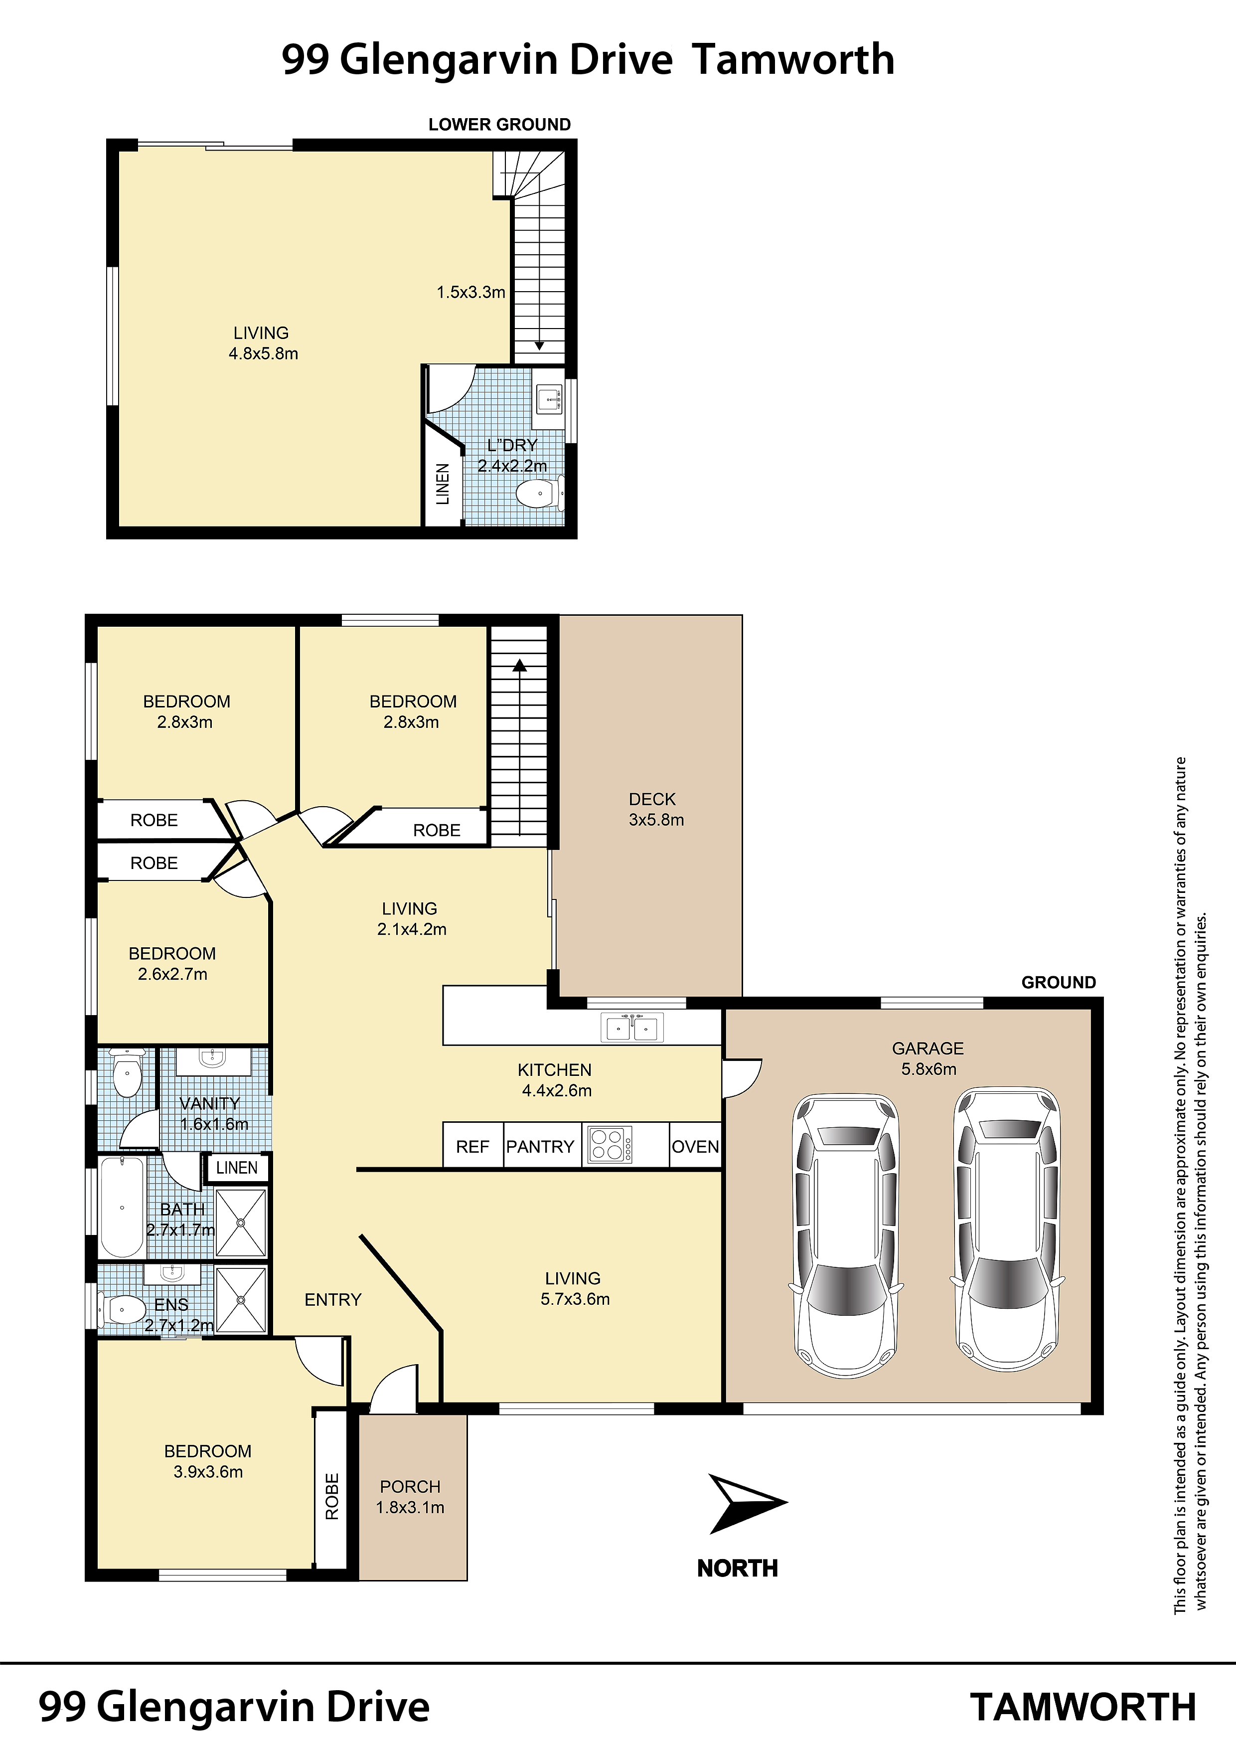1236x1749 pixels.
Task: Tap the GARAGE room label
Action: (927, 1048)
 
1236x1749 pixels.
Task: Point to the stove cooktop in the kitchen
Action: (611, 1144)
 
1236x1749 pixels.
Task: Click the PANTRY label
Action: (540, 1146)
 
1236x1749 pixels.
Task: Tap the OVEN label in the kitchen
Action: (695, 1146)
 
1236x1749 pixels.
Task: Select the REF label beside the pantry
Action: (472, 1146)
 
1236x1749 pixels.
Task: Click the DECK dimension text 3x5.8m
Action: (656, 820)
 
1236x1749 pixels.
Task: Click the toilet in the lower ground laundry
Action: (540, 494)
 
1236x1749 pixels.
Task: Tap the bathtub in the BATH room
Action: (122, 1208)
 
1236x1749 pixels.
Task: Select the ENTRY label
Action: (333, 1300)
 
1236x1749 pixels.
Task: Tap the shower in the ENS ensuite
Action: (241, 1300)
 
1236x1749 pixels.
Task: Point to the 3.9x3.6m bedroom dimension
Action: (208, 1472)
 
